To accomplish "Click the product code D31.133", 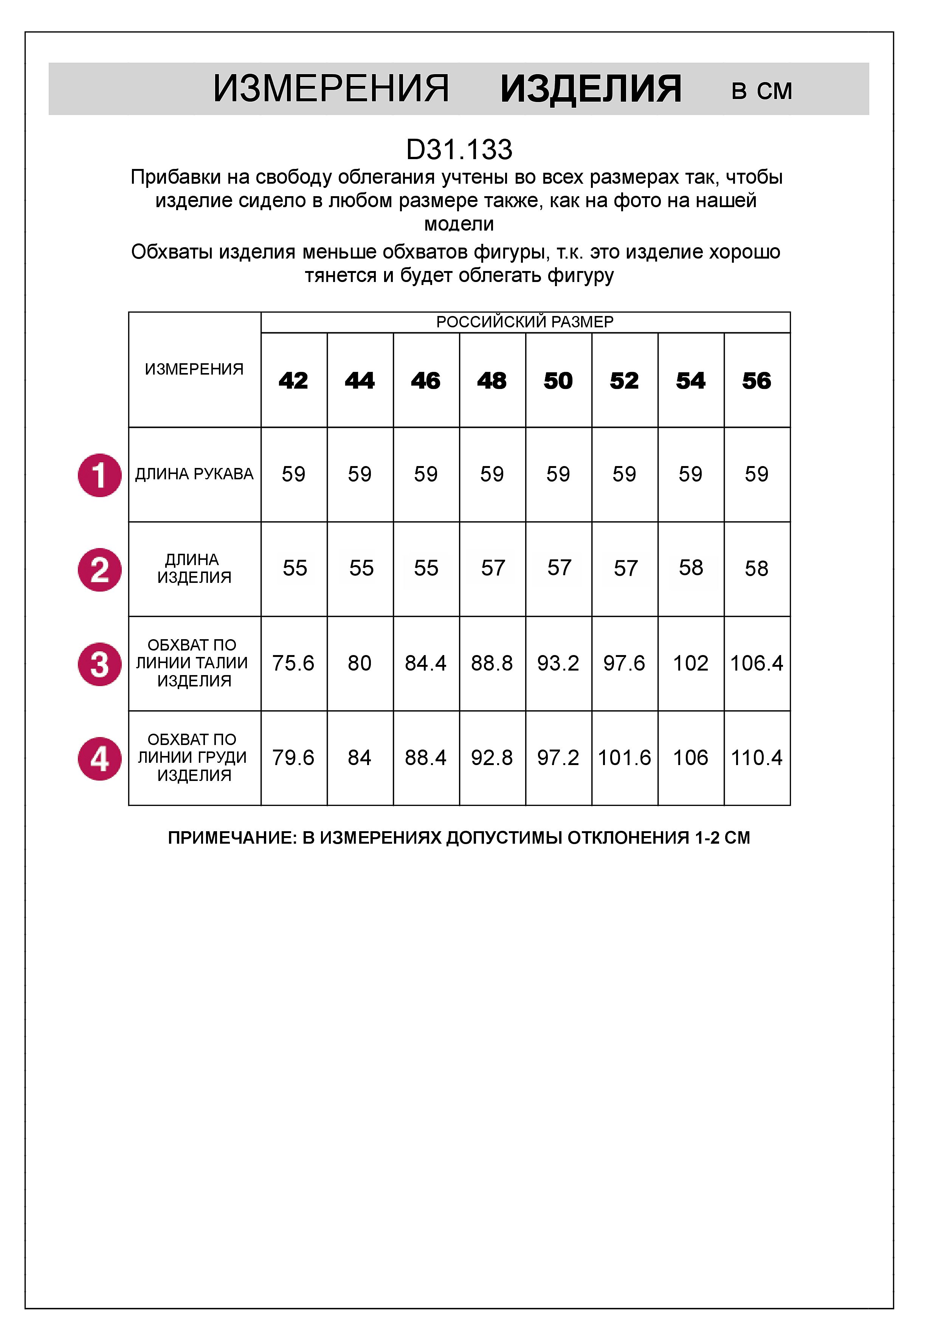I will point(459,150).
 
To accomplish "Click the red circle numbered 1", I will point(99,475).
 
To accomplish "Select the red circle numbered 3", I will point(99,664).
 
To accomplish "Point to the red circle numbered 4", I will point(99,759).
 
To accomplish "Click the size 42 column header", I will point(293,381).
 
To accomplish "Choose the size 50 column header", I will point(558,381).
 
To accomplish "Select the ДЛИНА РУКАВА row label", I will point(194,474).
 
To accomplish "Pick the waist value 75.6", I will point(293,663).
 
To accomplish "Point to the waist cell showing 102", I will point(690,663).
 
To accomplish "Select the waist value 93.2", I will point(558,663).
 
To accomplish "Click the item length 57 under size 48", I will point(493,568).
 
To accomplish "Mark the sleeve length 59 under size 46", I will point(426,474).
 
